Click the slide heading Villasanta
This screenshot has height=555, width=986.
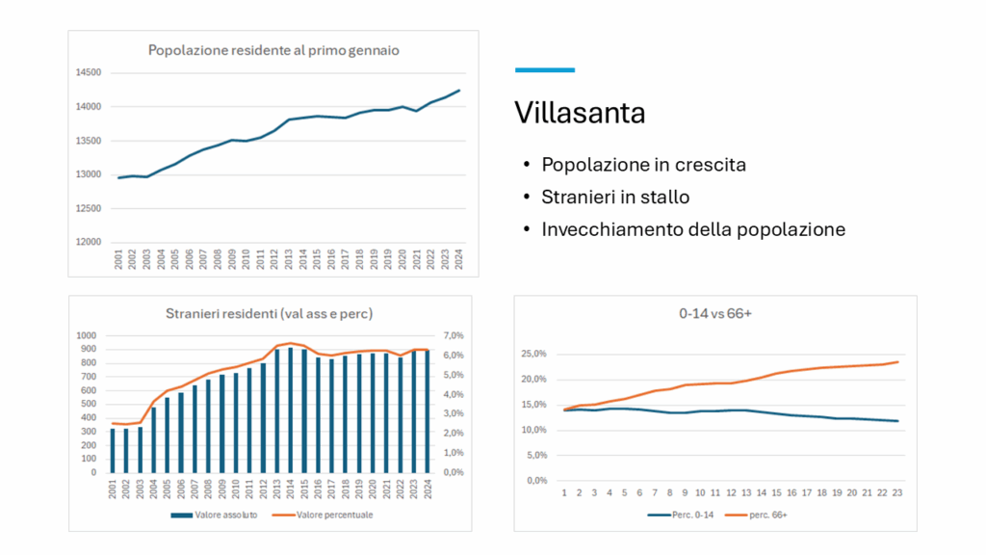[580, 113]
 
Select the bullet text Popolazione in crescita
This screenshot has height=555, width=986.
[643, 165]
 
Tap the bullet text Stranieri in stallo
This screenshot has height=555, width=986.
[615, 198]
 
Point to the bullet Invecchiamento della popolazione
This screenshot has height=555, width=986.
[693, 229]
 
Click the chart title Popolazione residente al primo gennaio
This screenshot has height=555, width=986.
[273, 50]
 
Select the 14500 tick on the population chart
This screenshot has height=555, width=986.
[89, 73]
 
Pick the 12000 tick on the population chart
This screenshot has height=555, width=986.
[89, 243]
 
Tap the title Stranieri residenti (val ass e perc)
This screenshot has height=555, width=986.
[269, 313]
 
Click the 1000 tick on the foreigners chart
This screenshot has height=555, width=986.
[87, 336]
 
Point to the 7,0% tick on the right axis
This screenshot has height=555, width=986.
[453, 336]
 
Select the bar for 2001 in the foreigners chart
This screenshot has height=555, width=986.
[113, 450]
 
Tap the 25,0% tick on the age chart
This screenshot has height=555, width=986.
[533, 355]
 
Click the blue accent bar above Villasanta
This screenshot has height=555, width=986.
[545, 70]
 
